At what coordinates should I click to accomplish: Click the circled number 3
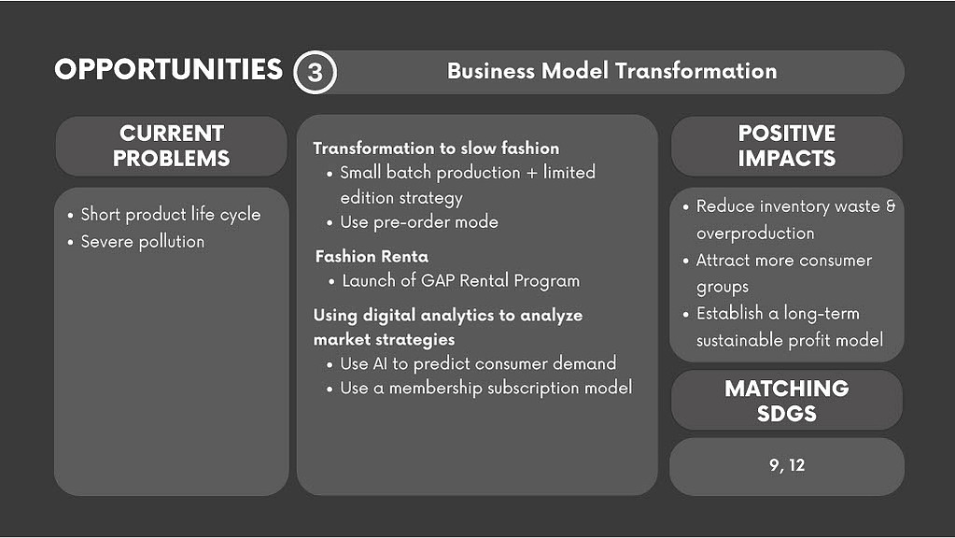point(315,72)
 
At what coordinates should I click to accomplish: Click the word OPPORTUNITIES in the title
point(169,69)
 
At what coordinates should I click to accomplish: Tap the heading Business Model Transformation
point(612,71)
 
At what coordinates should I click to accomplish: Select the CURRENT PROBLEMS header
point(171,146)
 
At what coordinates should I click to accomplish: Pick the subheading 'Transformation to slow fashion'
point(436,149)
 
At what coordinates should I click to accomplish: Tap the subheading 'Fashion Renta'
point(372,257)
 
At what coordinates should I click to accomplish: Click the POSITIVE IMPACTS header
point(786,146)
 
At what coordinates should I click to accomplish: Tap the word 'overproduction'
point(755,233)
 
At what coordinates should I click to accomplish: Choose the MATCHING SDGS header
point(786,401)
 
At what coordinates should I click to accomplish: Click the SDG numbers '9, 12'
point(787,465)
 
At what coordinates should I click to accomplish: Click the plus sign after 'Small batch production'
point(532,173)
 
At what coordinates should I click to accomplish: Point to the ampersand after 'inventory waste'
point(891,205)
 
